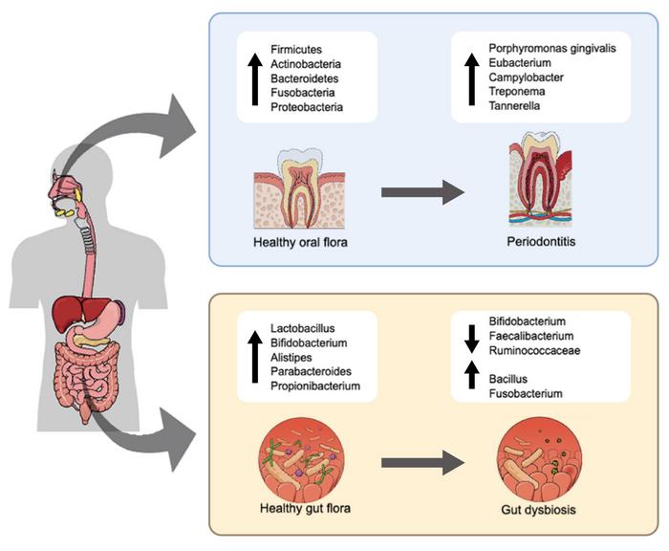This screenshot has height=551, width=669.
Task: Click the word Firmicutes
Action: pos(295,48)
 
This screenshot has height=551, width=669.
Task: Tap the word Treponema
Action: pos(516,91)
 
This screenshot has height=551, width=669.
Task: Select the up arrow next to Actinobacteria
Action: pos(255,78)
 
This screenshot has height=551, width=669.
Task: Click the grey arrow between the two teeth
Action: pos(421,192)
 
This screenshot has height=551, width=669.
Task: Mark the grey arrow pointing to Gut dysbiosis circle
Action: pos(421,463)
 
